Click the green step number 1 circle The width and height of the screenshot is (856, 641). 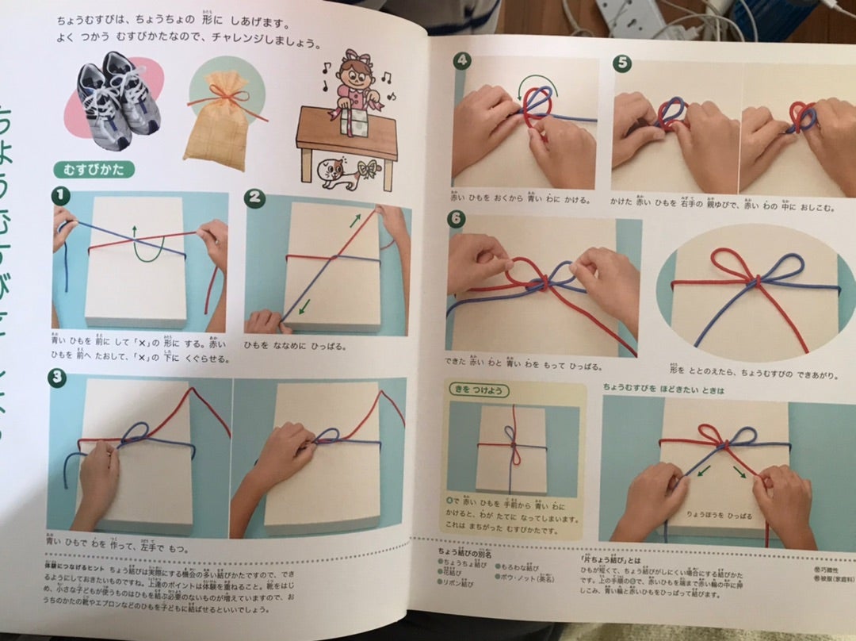pos(59,196)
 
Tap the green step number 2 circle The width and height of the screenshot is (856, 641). pos(254,198)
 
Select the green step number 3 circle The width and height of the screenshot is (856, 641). pos(56,378)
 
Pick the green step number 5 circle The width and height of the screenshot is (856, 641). pos(621,63)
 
